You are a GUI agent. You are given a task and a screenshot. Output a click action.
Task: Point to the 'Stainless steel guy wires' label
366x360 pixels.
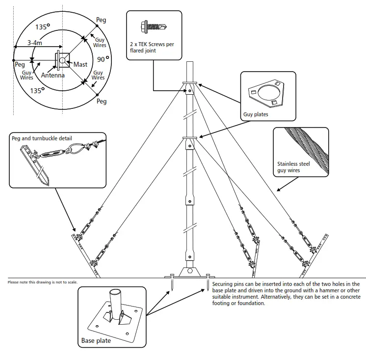293,168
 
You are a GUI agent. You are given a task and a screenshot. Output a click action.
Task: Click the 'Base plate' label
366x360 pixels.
96,340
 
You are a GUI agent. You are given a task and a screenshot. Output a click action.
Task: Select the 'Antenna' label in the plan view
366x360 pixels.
52,76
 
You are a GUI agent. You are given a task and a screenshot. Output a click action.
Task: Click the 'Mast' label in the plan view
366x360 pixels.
80,64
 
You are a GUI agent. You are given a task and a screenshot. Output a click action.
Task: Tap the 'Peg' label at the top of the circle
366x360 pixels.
101,20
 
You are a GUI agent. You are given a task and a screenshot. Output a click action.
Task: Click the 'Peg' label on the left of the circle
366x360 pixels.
20,64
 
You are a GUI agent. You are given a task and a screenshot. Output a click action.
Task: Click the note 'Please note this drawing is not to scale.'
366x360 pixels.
43,282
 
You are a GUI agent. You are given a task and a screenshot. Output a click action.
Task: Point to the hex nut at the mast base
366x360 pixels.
189,271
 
